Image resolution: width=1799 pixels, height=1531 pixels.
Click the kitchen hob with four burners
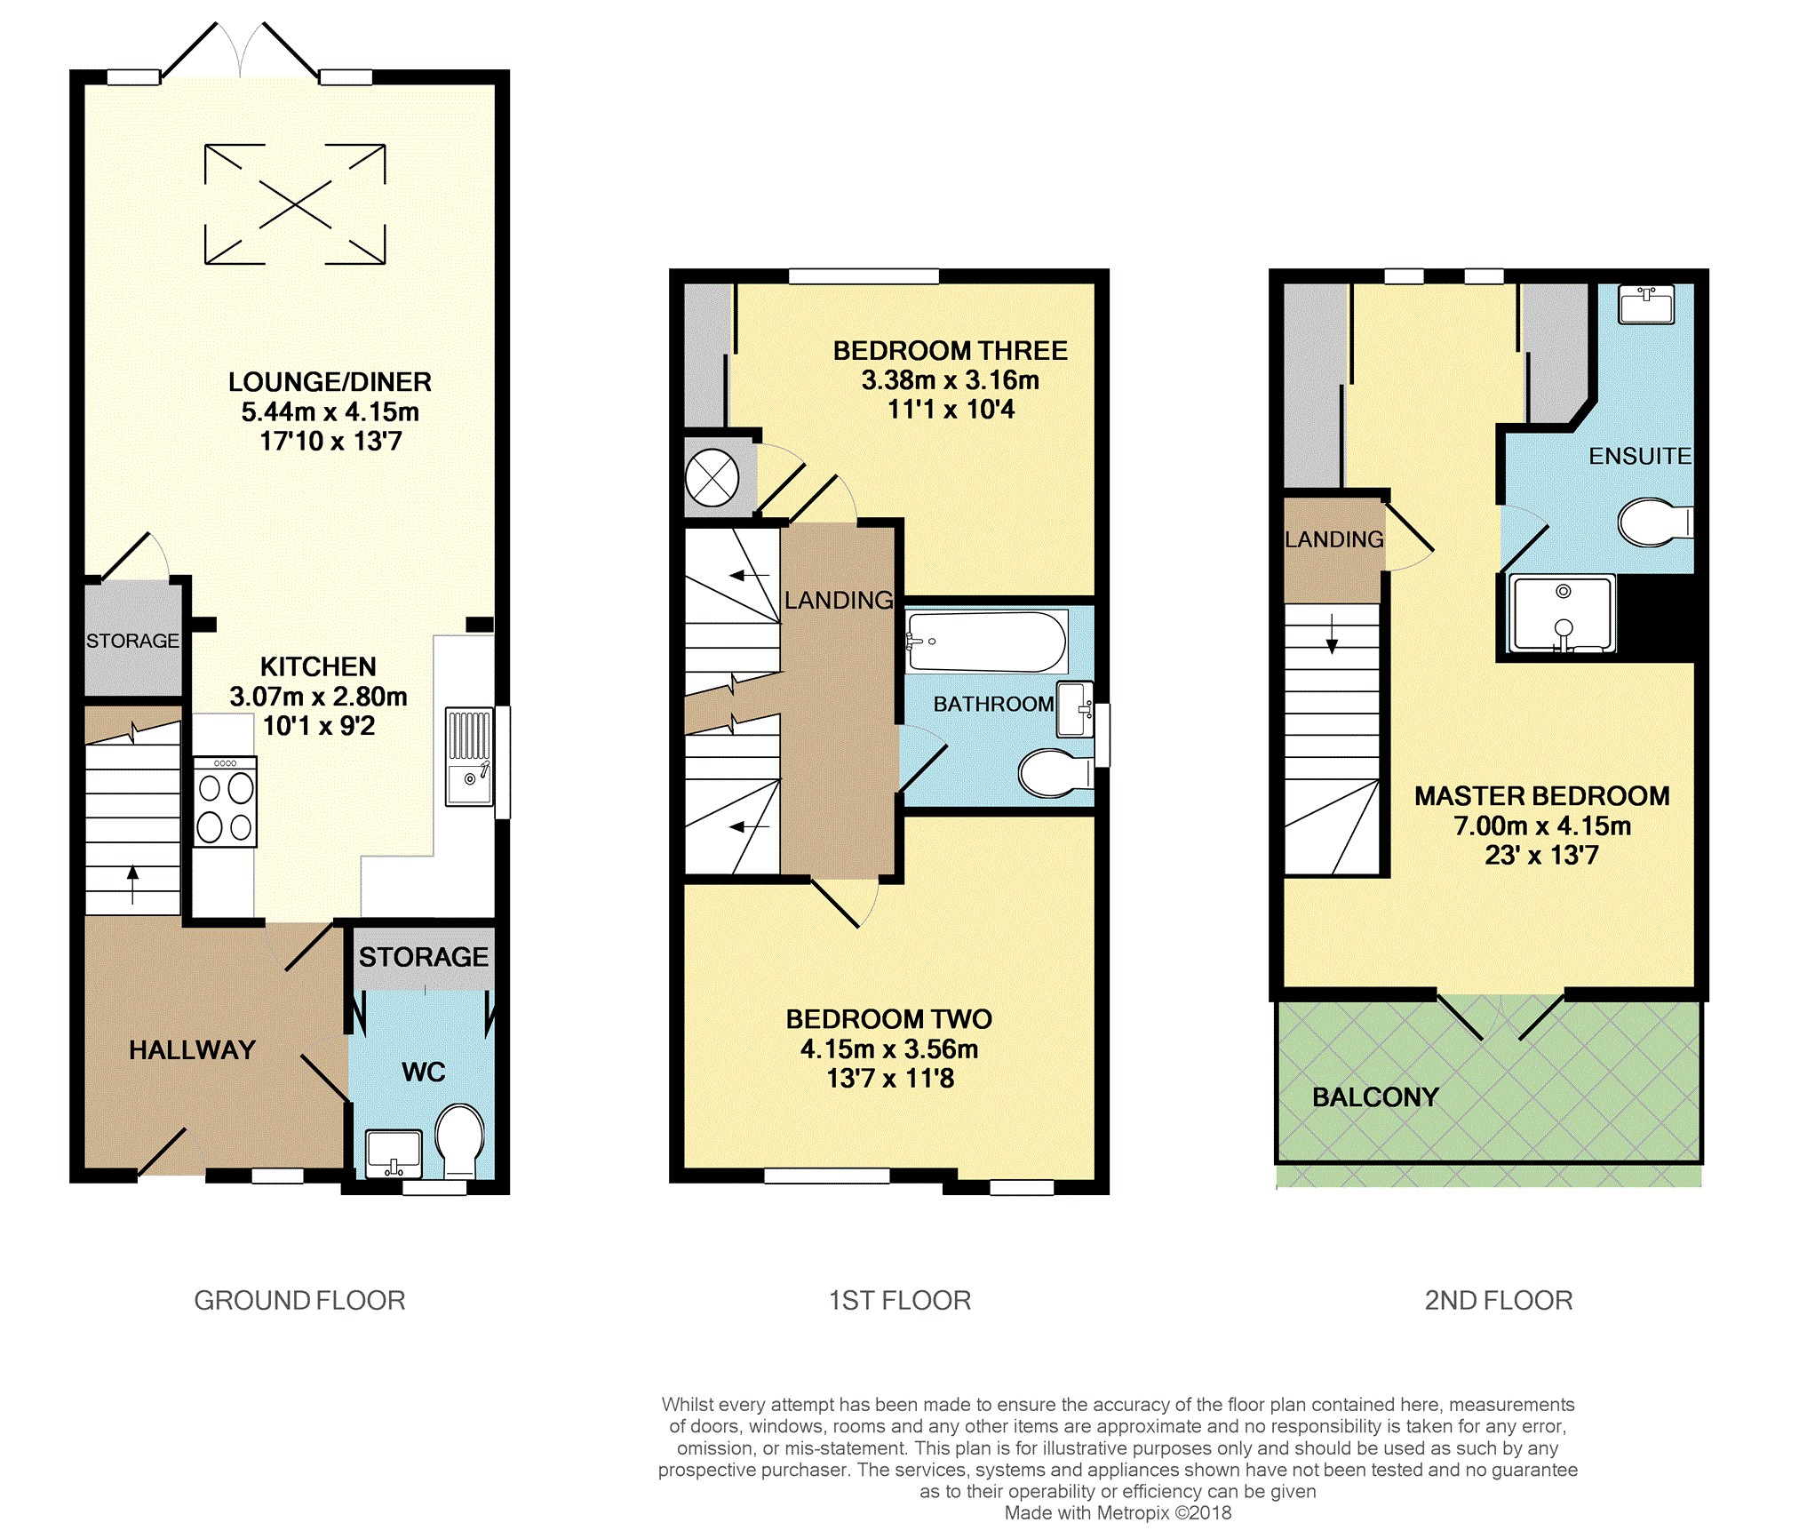tap(225, 802)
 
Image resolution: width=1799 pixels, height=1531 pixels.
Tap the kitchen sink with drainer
tap(469, 756)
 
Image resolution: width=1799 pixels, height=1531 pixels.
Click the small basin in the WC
tap(393, 1152)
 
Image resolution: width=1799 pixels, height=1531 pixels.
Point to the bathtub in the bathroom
tap(986, 641)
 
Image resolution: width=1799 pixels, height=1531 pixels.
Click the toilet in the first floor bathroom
tap(1054, 772)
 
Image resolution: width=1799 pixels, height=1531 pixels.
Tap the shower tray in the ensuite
tap(1563, 614)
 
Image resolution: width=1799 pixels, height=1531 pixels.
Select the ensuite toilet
tap(1653, 522)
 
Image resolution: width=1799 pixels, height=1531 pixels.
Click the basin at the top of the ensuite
tap(1646, 305)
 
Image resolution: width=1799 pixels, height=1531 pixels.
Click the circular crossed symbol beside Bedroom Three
tap(712, 478)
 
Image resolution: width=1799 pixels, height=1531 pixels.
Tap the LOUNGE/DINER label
tap(330, 382)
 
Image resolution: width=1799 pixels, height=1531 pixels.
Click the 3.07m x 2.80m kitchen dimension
tap(318, 697)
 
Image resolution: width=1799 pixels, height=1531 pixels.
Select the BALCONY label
tap(1374, 1097)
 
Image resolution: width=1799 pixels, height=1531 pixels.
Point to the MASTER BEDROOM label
tap(1541, 796)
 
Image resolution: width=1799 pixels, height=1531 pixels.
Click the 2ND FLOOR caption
tap(1498, 1300)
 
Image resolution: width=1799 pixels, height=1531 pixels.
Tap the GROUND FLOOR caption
tap(299, 1300)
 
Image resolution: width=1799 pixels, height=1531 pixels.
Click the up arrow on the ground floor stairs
tap(133, 883)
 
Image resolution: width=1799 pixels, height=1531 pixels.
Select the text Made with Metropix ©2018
tap(1117, 1512)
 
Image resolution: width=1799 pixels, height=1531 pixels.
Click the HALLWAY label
tap(192, 1050)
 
